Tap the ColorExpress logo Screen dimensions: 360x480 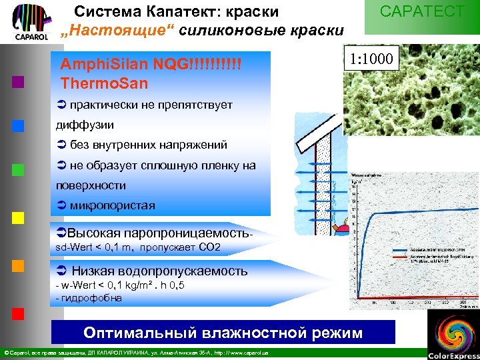pyautogui.click(x=453, y=334)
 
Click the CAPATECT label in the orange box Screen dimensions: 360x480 pyautogui.click(x=421, y=12)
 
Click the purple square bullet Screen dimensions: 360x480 pyautogui.click(x=18, y=82)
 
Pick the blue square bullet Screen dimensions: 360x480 pyautogui.click(x=18, y=125)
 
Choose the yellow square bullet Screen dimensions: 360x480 pyautogui.click(x=18, y=217)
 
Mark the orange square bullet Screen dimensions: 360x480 pyautogui.click(x=18, y=265)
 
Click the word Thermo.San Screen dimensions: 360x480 pyautogui.click(x=104, y=84)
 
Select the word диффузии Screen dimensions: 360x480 pyautogui.click(x=85, y=125)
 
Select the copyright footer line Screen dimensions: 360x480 pyautogui.click(x=137, y=352)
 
